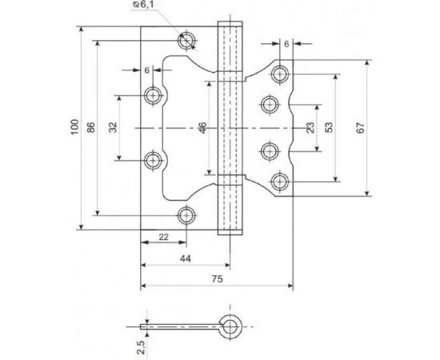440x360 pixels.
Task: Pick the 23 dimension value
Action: [x=309, y=127]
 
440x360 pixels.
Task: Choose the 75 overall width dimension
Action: [x=218, y=281]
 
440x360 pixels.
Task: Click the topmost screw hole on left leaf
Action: [x=188, y=40]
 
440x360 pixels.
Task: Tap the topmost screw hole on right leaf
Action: [x=279, y=74]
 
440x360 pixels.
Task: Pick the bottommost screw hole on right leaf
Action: [x=279, y=181]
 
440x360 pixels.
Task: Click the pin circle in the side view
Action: [x=230, y=326]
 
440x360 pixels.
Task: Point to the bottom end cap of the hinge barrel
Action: [x=230, y=226]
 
